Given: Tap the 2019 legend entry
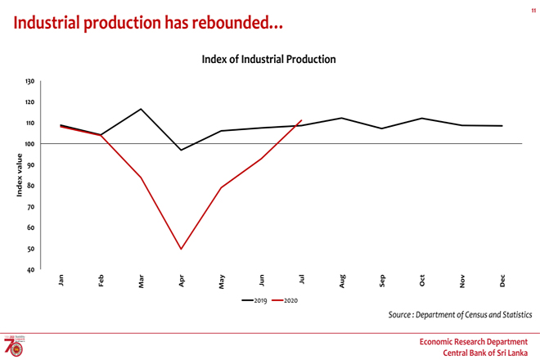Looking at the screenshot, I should point(256,300).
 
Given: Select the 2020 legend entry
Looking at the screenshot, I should point(286,300).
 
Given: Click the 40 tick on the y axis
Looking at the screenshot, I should point(31,270).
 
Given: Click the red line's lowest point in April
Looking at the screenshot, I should point(181,249).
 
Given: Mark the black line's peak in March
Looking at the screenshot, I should point(141,109).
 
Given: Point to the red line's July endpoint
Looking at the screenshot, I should point(302,120).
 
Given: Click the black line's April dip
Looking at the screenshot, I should point(181,150).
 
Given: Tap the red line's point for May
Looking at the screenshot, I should point(221,188).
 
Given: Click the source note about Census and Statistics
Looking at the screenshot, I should point(460,314).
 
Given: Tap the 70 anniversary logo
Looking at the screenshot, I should point(15,344).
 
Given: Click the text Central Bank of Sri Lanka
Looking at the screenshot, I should point(486,352).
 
